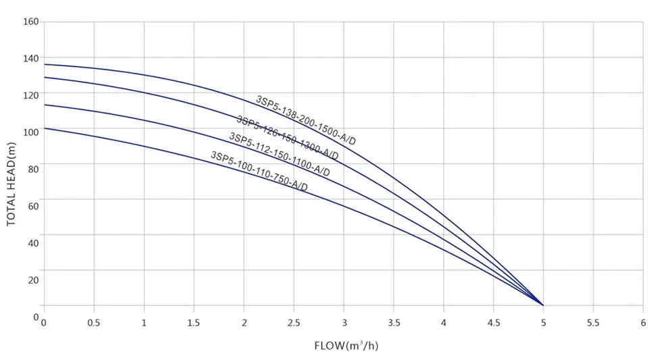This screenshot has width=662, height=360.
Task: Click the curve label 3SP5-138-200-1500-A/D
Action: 305,120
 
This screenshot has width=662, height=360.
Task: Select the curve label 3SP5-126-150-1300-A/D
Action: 287,136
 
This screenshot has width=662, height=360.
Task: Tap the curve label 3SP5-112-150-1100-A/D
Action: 280,155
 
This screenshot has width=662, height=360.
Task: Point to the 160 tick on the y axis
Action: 32,22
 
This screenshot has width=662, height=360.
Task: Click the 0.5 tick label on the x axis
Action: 93,324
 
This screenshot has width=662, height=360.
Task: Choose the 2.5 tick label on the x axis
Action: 293,324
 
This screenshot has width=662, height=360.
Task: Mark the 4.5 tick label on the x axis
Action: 493,324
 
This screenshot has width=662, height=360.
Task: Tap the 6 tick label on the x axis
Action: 643,324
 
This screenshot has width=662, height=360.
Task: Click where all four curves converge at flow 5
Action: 543,305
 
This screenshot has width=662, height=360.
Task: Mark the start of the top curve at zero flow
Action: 44,65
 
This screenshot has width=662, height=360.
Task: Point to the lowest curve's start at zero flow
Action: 44,128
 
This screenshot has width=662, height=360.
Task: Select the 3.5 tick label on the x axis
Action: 393,324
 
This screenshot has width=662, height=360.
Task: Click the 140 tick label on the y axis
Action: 32,59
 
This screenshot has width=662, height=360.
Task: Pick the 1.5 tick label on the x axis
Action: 193,324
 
